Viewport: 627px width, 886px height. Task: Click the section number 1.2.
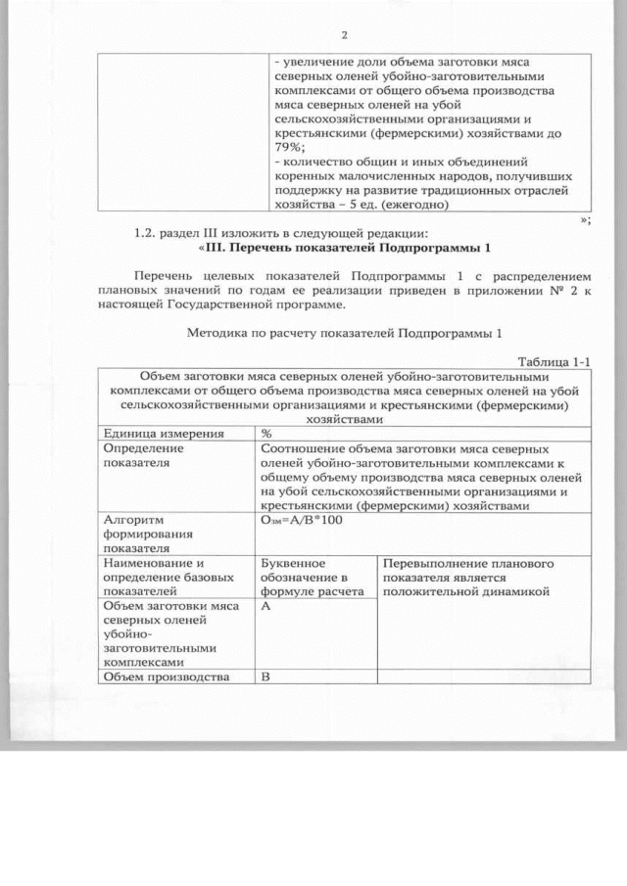click(148, 233)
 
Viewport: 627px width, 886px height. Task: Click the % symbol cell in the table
click(266, 434)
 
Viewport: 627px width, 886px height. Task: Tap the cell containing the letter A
click(265, 607)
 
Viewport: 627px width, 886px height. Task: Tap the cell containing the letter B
click(265, 676)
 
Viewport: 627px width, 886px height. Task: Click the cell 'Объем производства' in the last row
click(166, 676)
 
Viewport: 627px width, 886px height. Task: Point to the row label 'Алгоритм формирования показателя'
click(147, 535)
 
